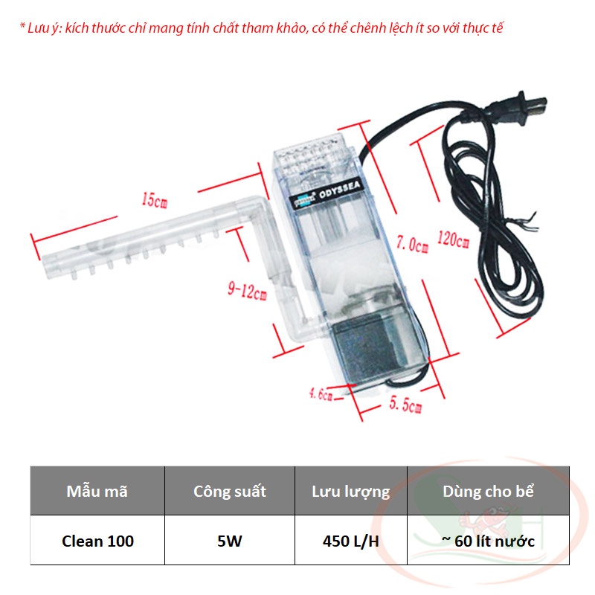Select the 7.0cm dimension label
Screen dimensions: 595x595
(412, 244)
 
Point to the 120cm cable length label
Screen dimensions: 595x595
(454, 241)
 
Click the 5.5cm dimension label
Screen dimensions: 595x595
(406, 407)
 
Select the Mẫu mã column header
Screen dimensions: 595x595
(97, 491)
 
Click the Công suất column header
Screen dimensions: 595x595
(230, 491)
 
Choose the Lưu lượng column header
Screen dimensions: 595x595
(350, 491)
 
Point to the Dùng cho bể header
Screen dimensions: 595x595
(488, 491)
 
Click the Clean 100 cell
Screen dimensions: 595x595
(97, 541)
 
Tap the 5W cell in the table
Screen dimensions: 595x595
(230, 541)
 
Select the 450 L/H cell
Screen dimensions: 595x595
(350, 541)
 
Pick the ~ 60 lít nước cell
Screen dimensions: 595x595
(488, 541)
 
